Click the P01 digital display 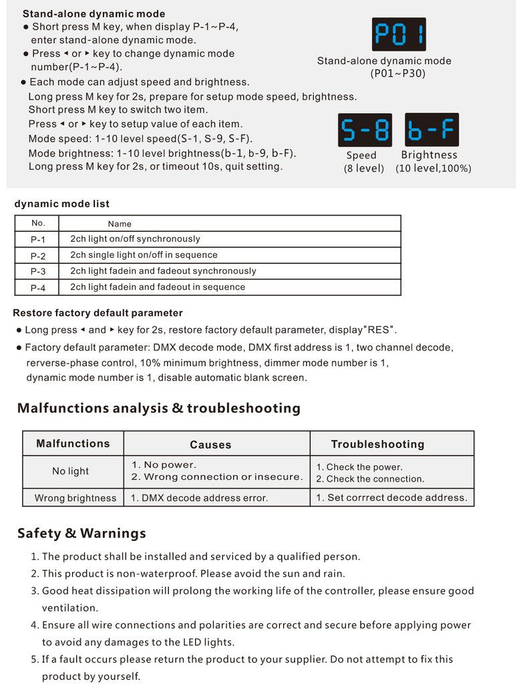[399, 34]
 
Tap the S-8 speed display [365, 130]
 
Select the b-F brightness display [431, 130]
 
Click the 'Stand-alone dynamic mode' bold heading [94, 14]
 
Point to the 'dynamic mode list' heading [61, 204]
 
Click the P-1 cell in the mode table [38, 239]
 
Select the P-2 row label [38, 255]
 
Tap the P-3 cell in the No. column [38, 271]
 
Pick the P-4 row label [38, 288]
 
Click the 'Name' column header [120, 224]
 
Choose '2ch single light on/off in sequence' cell [144, 255]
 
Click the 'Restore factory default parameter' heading [98, 313]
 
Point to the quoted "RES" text [381, 330]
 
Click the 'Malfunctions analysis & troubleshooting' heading [159, 408]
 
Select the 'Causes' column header [210, 445]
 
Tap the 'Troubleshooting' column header [377, 444]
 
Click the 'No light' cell [70, 472]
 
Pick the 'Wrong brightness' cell [75, 498]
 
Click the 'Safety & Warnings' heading [81, 534]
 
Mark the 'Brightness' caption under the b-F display [429, 156]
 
